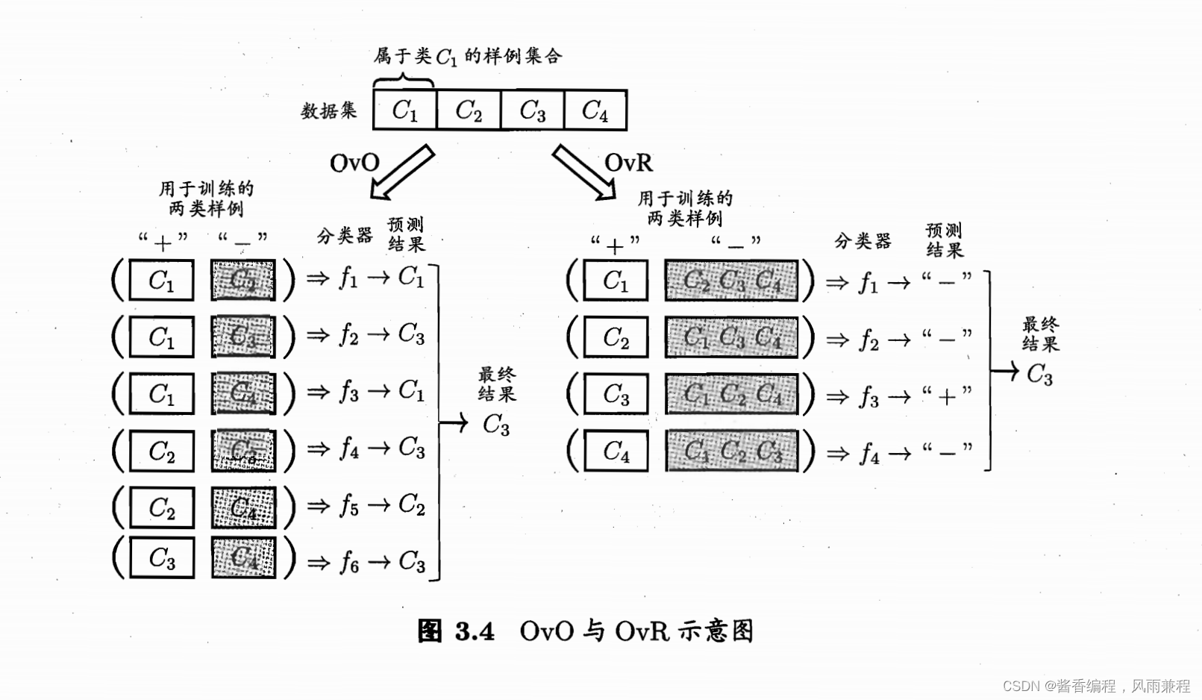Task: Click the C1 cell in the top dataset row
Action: (x=404, y=110)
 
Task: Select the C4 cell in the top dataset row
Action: (x=595, y=110)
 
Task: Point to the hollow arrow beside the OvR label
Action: (x=584, y=172)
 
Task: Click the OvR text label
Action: (x=628, y=163)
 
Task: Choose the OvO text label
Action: (x=354, y=163)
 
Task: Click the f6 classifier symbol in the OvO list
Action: (x=348, y=561)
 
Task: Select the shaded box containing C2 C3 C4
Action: (x=731, y=281)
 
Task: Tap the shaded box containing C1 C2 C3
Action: (x=731, y=451)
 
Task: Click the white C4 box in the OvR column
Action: (x=616, y=451)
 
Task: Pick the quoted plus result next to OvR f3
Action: (x=946, y=396)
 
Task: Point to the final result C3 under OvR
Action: (x=1039, y=373)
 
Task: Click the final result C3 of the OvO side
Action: (x=496, y=425)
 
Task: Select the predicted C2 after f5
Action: (x=411, y=504)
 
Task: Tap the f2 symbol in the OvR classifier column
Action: (x=868, y=340)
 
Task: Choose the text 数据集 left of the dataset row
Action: (x=328, y=111)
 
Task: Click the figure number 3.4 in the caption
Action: (x=475, y=631)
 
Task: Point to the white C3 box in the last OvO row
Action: (x=162, y=557)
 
